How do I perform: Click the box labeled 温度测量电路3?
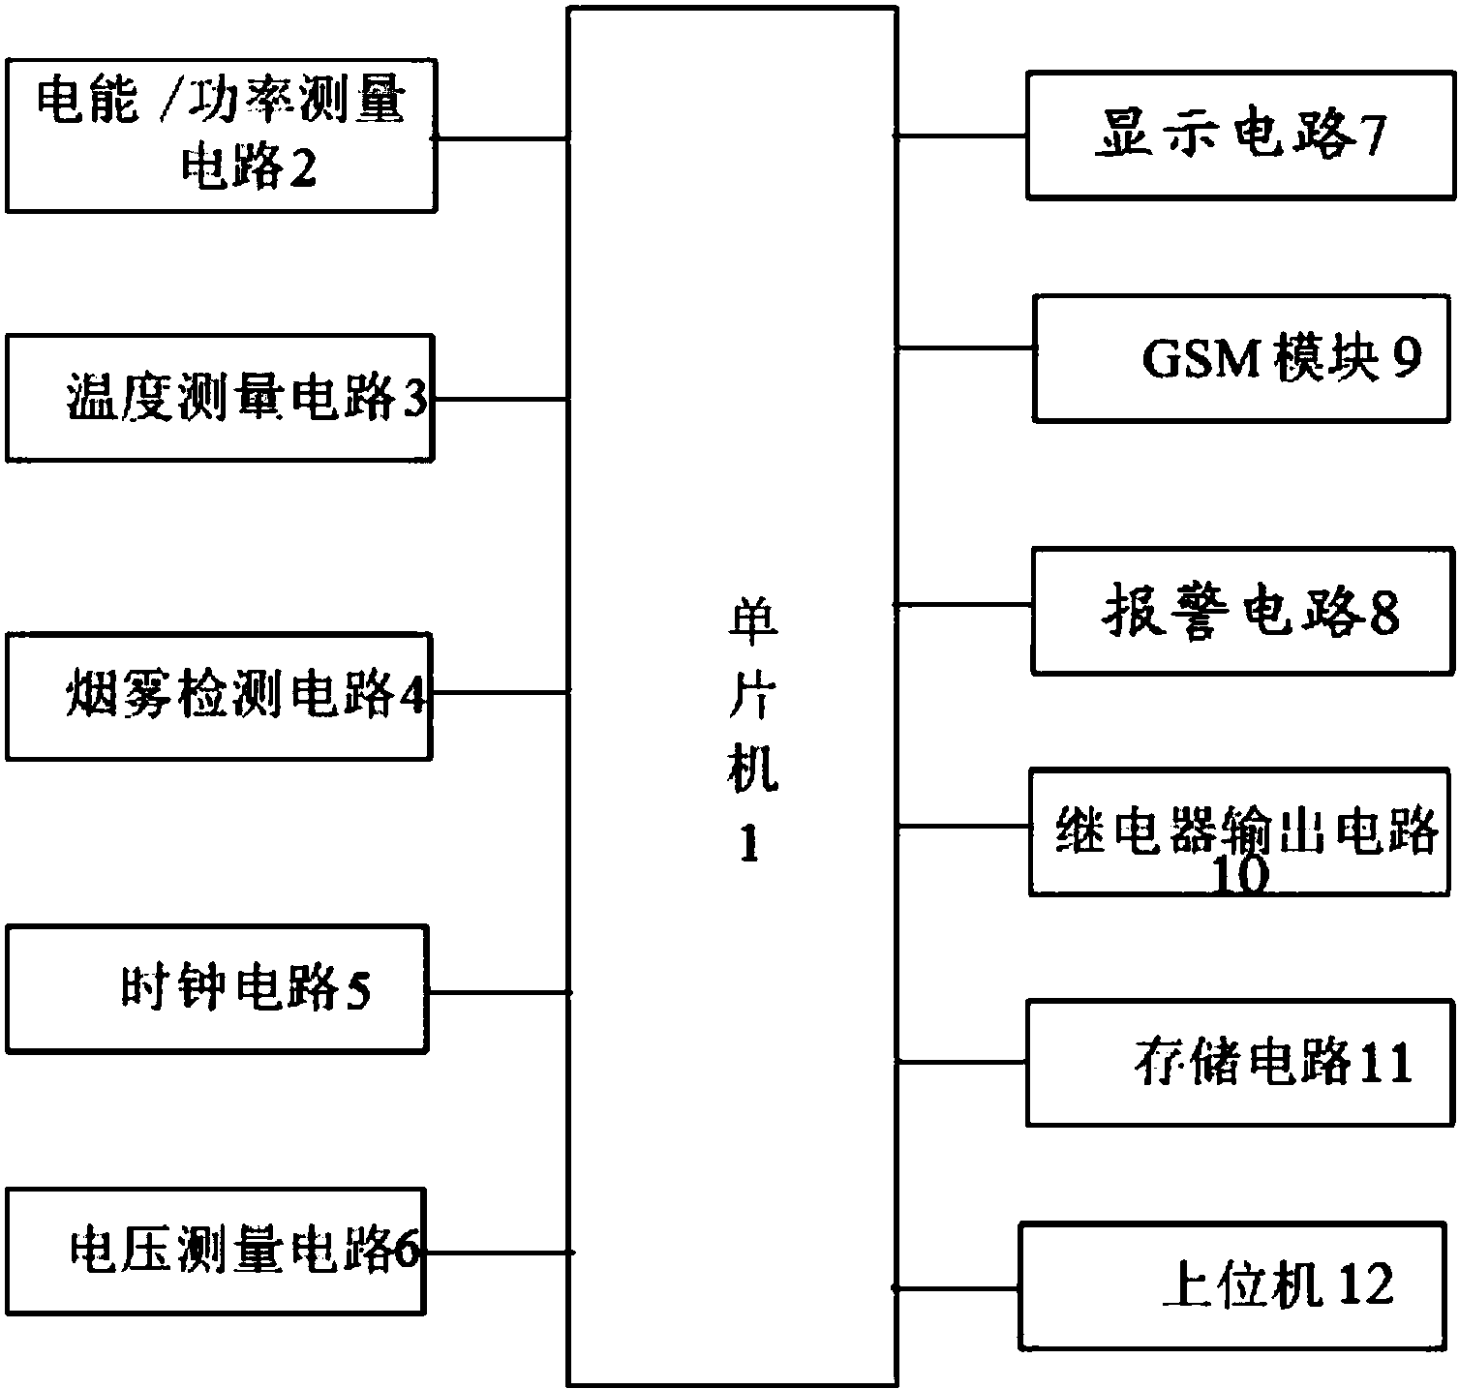[x=220, y=398]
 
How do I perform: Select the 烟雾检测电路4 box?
[x=219, y=696]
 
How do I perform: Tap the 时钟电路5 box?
[x=217, y=988]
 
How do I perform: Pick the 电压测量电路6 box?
[x=215, y=1252]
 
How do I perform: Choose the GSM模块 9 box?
[x=1242, y=358]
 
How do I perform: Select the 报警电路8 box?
[x=1243, y=611]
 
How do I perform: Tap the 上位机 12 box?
[x=1236, y=1283]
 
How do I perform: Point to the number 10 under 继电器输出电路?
[x=1240, y=877]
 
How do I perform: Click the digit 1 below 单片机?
[x=748, y=845]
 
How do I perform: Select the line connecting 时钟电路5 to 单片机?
[x=498, y=992]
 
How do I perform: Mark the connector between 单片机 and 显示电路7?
[x=961, y=136]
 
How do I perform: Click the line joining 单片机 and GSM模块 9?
[x=965, y=347]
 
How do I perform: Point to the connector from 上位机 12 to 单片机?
[x=957, y=1288]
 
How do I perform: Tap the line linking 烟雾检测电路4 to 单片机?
[x=500, y=692]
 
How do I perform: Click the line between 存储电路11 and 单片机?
[x=961, y=1062]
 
